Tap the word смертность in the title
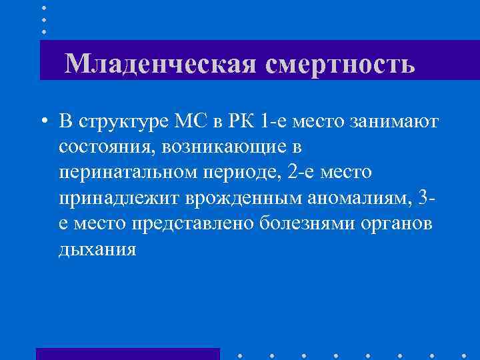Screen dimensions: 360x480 point(341,64)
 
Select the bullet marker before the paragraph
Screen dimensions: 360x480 point(43,122)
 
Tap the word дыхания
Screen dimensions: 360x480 point(97,248)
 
